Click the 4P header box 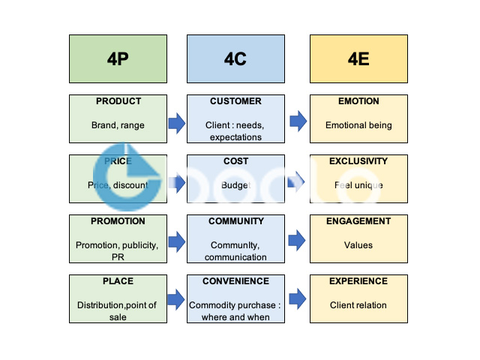118,58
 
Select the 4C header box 235,58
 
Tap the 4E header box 358,58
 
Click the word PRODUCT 118,101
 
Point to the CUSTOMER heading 235,101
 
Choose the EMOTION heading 358,101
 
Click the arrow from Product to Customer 176,121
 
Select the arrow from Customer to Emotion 298,120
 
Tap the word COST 235,161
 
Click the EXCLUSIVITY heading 358,161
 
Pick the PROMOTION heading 118,221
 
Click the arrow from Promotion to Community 176,241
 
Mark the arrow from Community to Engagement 298,240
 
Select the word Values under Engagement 358,245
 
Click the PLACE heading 118,281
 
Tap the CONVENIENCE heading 235,281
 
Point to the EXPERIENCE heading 358,281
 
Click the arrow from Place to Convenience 176,300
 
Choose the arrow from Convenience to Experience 298,299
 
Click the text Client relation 358,305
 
